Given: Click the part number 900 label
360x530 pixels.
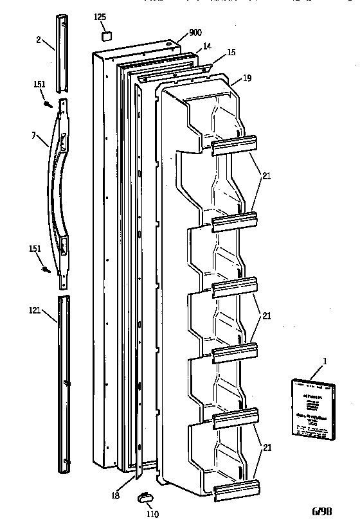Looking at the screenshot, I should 196,33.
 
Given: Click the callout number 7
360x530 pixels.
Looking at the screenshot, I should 33,135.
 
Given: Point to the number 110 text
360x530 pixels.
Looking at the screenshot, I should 152,514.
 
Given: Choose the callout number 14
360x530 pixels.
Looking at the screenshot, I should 207,46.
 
